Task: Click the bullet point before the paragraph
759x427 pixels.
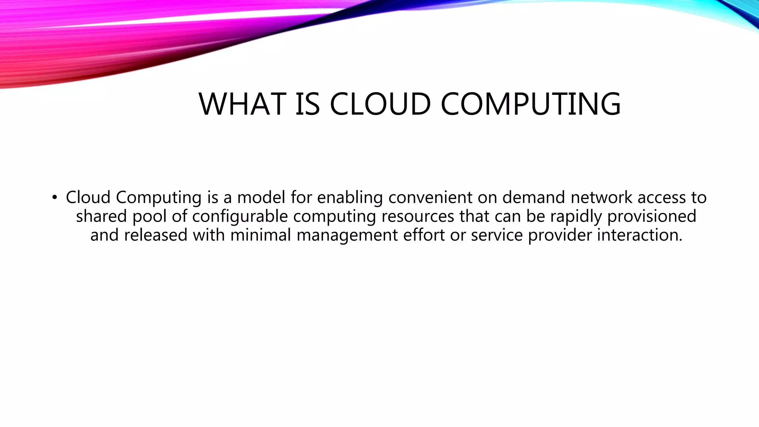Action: coord(54,198)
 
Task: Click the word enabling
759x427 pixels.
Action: coord(349,198)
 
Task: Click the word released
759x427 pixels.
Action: coord(156,235)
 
